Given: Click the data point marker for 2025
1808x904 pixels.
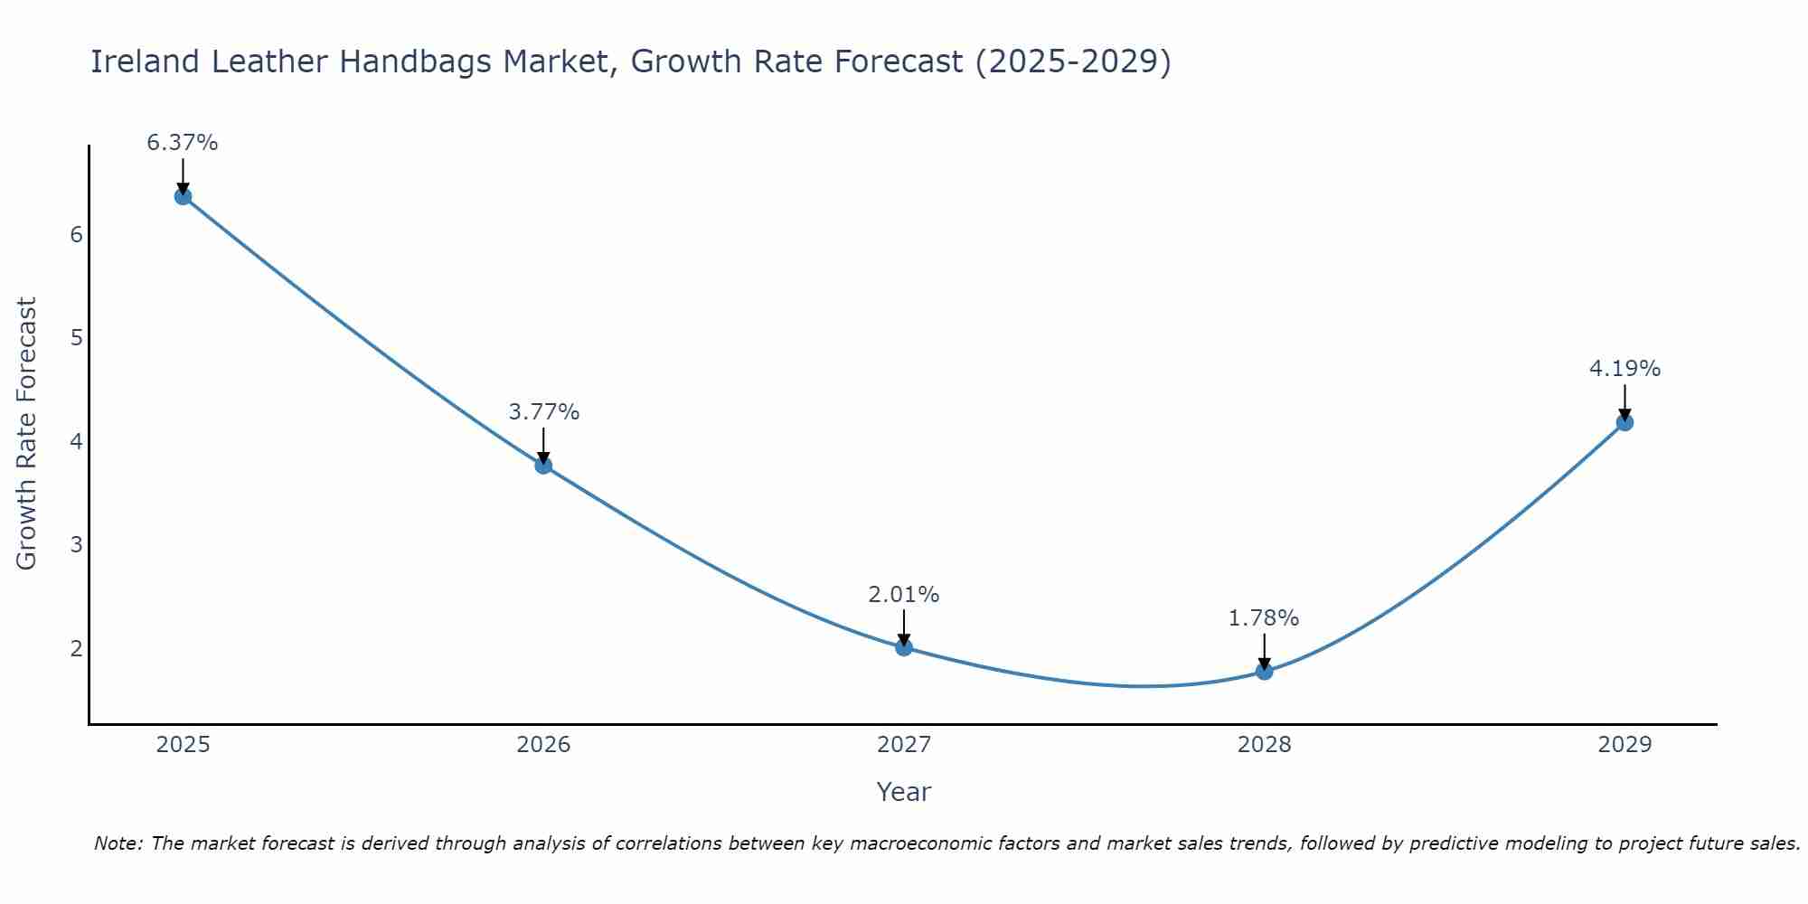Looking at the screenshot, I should click(183, 196).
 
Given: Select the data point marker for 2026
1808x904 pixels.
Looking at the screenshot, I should click(543, 466).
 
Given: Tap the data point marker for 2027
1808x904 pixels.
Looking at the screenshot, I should click(904, 647).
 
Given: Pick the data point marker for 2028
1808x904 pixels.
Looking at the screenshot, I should click(1264, 671).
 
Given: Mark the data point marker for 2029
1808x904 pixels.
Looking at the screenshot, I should click(1624, 422).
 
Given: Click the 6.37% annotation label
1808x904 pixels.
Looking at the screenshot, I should click(183, 143).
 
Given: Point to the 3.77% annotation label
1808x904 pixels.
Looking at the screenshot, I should click(543, 412).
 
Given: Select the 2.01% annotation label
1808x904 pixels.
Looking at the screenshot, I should click(904, 595).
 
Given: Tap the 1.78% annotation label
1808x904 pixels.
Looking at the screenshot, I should click(1264, 618).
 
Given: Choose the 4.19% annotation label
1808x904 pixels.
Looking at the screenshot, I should click(1624, 369).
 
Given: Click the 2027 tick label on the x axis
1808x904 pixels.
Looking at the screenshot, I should click(904, 745).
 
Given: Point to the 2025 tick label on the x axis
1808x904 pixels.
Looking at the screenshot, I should click(183, 745).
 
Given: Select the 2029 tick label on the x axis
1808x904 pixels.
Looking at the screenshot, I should click(1624, 745).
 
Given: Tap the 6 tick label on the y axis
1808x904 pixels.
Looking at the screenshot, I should click(76, 235).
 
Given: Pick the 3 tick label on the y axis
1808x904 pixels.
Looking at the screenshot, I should click(76, 545).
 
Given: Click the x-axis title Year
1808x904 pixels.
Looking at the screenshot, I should click(904, 792).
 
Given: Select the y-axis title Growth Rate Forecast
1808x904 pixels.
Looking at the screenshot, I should click(27, 434).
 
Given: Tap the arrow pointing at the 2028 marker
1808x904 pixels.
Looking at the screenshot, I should click(1264, 651).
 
